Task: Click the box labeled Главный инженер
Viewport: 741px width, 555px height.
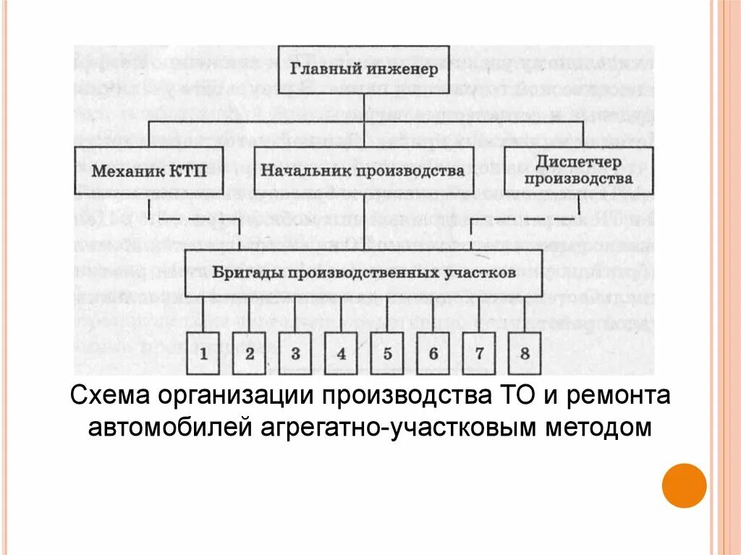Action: tap(365, 69)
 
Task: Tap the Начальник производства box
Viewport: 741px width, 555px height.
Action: tap(363, 171)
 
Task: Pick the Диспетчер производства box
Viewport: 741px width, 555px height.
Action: tap(578, 170)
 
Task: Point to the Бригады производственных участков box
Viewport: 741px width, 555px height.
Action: tap(364, 274)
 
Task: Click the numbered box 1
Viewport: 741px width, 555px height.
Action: tap(203, 353)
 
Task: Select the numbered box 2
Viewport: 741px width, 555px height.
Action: tap(250, 353)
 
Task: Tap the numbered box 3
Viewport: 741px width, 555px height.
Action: tap(295, 353)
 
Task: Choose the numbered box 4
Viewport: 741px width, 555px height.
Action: tap(341, 353)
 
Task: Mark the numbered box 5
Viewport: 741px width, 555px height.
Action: tap(387, 353)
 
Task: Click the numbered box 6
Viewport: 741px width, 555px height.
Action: tap(433, 353)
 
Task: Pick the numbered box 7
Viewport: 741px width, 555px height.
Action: tap(479, 353)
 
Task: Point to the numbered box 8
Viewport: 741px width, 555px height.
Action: tap(525, 353)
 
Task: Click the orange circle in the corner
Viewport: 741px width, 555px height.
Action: tap(684, 485)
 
